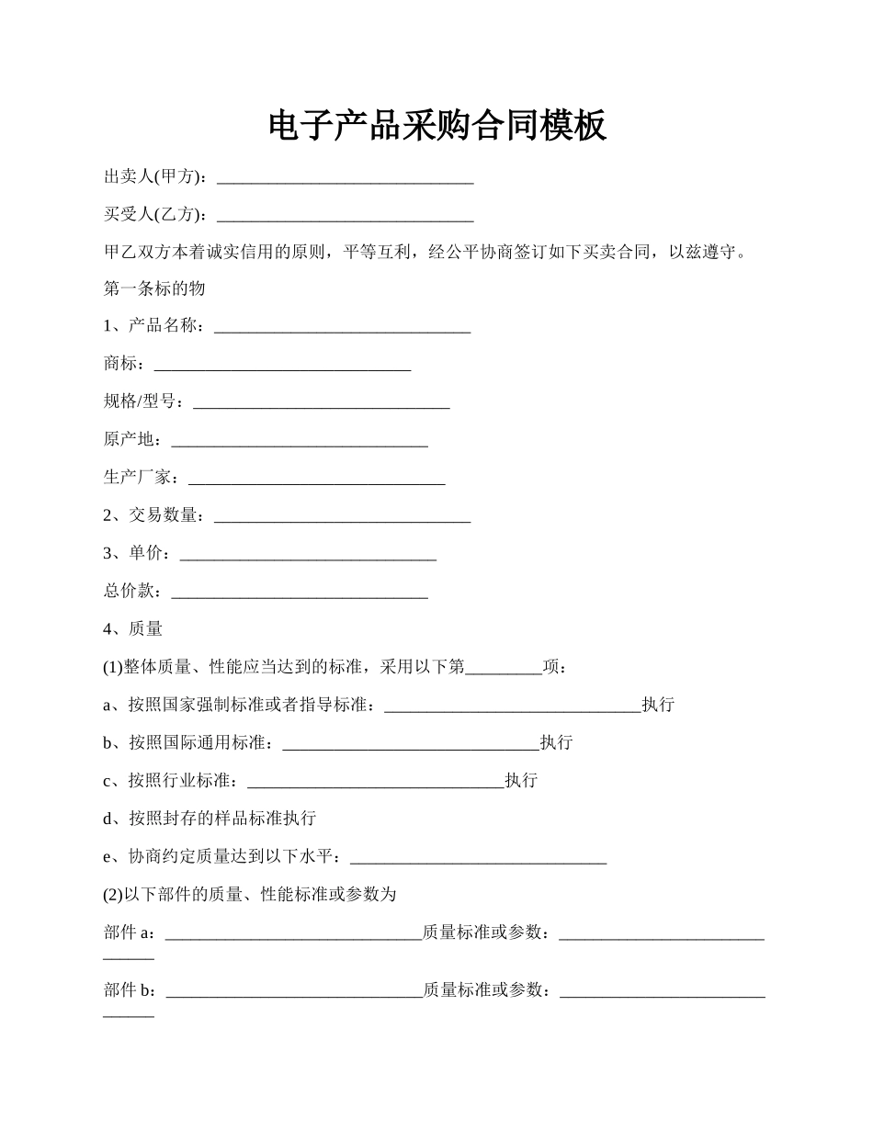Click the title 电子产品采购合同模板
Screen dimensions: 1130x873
coord(436,126)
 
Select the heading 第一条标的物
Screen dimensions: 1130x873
coord(154,288)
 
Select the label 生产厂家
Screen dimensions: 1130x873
coord(141,478)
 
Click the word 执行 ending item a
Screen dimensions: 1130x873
coord(658,705)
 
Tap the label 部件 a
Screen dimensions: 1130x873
coord(129,933)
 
